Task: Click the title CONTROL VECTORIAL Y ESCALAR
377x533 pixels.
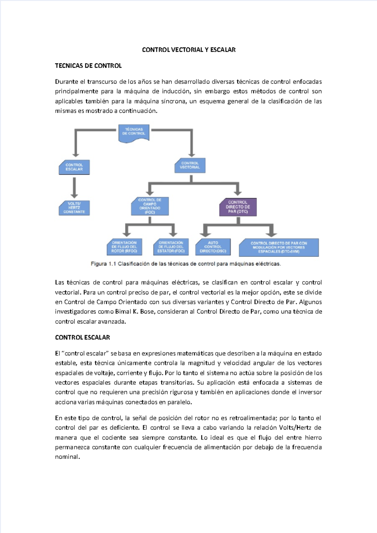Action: coord(188,50)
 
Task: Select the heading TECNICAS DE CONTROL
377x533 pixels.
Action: coord(88,66)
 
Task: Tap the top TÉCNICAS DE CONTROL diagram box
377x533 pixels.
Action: coord(134,132)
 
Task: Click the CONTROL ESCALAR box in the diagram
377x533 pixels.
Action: coord(74,167)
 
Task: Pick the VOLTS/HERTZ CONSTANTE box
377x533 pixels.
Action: coord(74,208)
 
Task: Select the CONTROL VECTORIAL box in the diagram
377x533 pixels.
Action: coord(190,165)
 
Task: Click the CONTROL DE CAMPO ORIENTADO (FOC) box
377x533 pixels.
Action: coord(150,206)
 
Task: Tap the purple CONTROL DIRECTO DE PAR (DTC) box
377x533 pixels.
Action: coord(238,207)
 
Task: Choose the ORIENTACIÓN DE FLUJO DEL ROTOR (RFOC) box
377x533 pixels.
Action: coord(124,247)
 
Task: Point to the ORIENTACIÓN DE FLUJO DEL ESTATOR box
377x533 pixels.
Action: coord(171,247)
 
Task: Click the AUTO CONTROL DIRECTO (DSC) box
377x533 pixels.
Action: coord(213,247)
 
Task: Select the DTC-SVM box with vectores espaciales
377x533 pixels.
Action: coord(279,247)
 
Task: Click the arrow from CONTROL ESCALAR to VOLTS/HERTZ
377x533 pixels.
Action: coord(74,187)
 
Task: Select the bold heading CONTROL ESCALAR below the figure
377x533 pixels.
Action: coord(82,338)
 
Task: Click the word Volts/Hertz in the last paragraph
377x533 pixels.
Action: coord(295,428)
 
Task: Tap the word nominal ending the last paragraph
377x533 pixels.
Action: coord(67,457)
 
